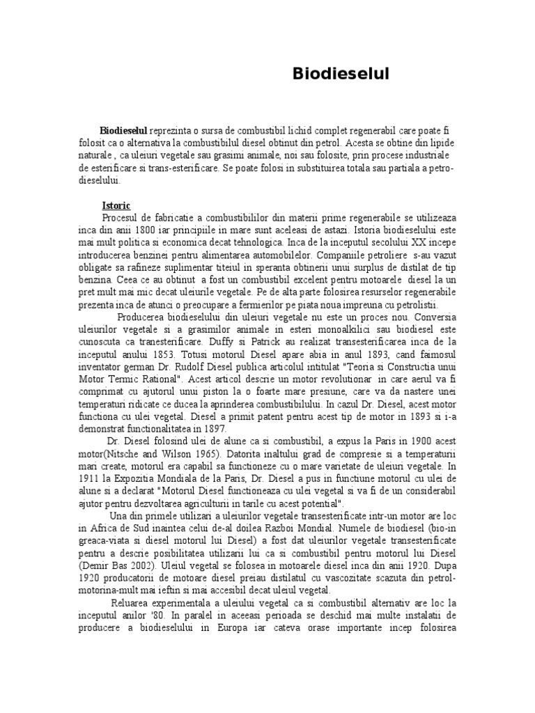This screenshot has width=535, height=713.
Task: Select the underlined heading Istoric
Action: (116, 207)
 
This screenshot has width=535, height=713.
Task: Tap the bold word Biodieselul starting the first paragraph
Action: (123, 131)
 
